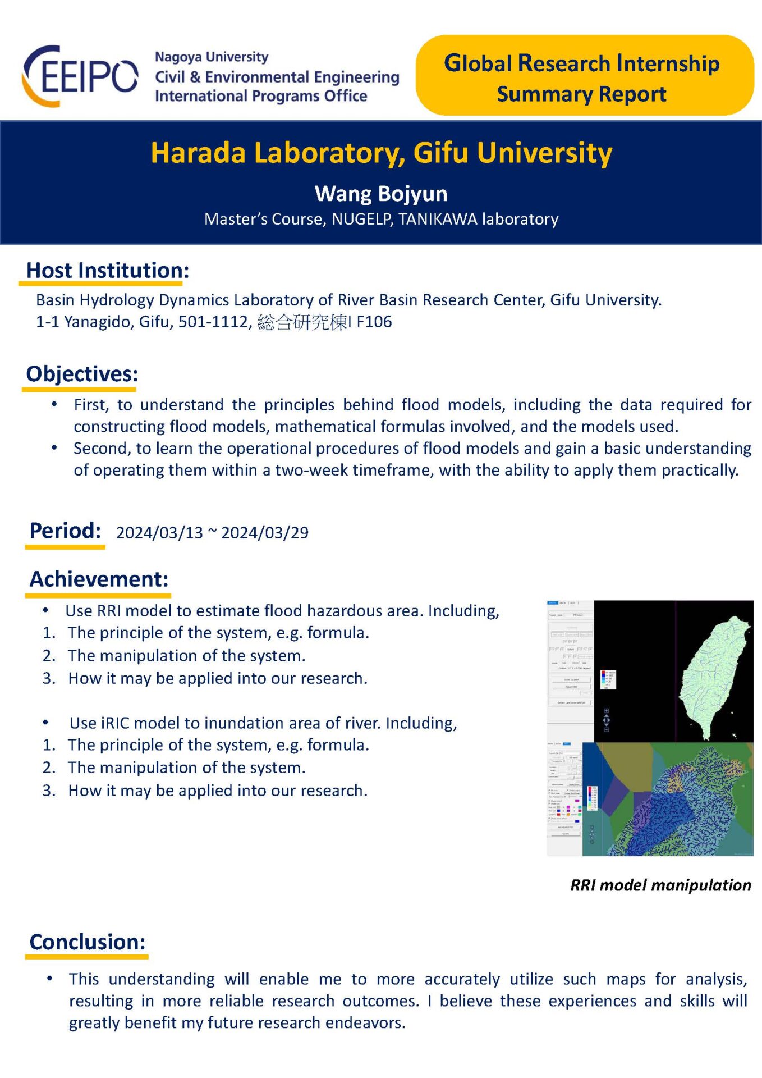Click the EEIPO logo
point(80,76)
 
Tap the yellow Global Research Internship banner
point(584,77)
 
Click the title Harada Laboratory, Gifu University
point(381,153)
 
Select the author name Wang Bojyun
point(381,194)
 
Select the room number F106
point(374,322)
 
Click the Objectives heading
point(82,374)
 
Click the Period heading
point(65,531)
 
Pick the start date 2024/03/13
point(159,533)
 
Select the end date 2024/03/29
point(265,533)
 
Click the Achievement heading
point(99,579)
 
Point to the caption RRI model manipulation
point(660,885)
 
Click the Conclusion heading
point(88,942)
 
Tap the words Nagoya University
point(212,57)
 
